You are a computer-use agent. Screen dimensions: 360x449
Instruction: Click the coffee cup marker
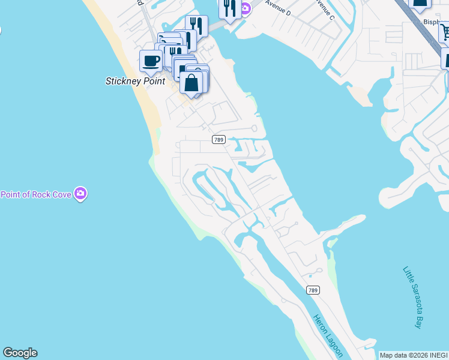pos(151,61)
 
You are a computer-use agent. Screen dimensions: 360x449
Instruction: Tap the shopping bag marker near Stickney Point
pos(191,82)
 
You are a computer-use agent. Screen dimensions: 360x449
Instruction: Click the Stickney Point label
pos(135,81)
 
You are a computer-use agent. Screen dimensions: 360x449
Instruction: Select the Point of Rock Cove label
pos(35,194)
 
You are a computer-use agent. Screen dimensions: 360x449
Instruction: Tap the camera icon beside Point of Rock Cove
pos(80,194)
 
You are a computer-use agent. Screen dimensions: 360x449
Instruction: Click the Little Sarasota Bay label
pos(412,297)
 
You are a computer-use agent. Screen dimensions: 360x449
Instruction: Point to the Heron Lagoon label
pos(327,335)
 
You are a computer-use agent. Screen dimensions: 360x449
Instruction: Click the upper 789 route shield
pos(218,139)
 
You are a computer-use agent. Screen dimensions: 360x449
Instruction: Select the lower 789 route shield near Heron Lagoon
pos(312,290)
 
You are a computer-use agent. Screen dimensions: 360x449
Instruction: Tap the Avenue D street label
pos(277,8)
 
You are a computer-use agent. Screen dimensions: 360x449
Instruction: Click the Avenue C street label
pos(324,8)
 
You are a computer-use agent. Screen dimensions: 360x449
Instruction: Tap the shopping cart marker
pos(445,31)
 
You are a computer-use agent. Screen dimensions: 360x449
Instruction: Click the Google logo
pos(20,353)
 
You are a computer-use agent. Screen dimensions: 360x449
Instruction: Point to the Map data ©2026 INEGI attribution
pos(414,355)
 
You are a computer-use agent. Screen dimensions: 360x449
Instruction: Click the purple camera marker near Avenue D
pos(246,8)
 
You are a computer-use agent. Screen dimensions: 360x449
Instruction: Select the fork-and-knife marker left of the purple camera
pos(229,8)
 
